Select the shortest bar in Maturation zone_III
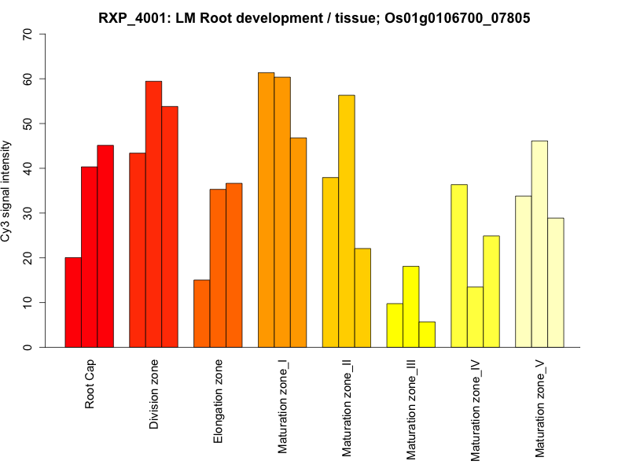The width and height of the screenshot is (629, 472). (427, 334)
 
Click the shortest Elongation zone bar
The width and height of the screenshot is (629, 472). (201, 313)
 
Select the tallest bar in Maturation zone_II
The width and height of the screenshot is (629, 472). (346, 221)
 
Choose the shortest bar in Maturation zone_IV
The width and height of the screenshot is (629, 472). (475, 317)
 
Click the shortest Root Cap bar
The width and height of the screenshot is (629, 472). (73, 302)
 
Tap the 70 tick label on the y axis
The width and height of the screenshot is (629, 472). (28, 35)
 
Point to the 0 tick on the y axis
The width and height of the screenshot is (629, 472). (28, 347)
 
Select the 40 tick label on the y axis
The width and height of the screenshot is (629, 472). (28, 168)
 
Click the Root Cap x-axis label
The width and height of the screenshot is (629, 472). (90, 385)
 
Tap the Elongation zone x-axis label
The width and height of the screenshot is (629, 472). (219, 401)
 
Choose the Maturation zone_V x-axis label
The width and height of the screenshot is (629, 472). (540, 408)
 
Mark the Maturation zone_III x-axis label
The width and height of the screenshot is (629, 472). (411, 410)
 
